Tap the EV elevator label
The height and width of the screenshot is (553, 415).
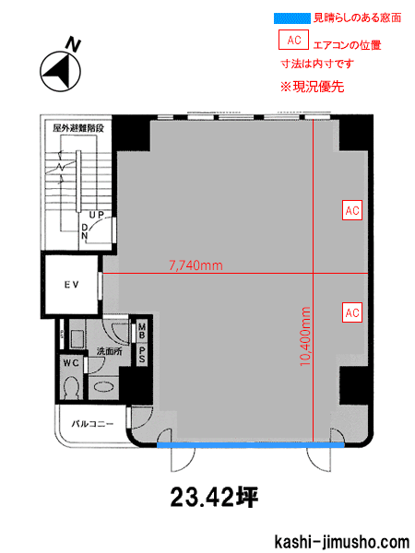72,285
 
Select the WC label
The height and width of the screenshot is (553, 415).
71,362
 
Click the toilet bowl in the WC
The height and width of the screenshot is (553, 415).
72,387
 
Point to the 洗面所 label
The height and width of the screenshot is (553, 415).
110,351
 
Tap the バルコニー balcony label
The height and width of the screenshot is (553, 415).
93,424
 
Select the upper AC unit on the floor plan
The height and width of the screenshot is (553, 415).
352,210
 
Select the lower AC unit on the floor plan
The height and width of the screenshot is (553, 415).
352,312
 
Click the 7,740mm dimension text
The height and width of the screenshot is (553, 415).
196,265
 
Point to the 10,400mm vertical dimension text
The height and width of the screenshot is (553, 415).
305,336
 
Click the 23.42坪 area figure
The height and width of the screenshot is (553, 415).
215,498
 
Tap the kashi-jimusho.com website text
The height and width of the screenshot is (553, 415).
341,541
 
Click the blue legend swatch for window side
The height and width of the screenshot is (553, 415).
292,18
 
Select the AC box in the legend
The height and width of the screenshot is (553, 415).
293,40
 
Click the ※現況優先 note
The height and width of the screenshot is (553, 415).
312,87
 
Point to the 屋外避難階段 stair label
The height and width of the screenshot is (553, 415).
78,128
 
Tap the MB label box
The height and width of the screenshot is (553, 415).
141,331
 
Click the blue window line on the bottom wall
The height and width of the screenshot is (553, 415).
251,445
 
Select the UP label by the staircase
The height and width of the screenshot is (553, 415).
96,215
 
